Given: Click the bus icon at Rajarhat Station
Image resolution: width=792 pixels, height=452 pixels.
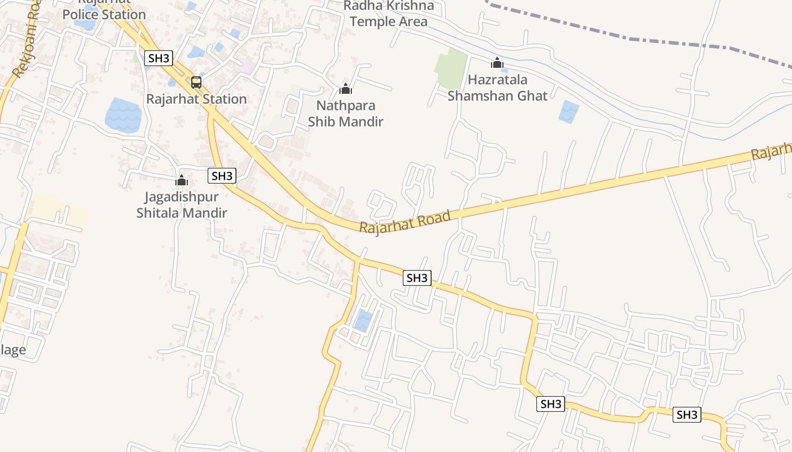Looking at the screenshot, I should [196, 82].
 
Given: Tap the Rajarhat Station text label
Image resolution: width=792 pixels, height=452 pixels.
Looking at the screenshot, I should [196, 99].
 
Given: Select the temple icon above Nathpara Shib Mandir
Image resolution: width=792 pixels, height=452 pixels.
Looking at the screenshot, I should [345, 89].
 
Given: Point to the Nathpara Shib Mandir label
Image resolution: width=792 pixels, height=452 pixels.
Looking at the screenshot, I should [345, 114].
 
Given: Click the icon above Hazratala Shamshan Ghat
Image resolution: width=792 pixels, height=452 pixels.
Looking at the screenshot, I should [497, 63].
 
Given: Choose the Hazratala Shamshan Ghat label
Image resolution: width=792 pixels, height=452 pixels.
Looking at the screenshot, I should [497, 88].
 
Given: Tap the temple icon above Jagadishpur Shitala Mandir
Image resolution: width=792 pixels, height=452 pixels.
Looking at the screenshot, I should [182, 181].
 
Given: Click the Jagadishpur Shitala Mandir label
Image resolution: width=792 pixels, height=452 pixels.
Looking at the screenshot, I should [182, 205].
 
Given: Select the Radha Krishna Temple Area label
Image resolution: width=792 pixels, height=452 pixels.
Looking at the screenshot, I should [389, 14].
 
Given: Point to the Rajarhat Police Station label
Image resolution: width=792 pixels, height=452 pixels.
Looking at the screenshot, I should [104, 11].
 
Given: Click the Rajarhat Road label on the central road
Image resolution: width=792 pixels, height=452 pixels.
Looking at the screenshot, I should [405, 221].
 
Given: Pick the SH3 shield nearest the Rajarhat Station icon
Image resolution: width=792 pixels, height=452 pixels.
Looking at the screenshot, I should [158, 58].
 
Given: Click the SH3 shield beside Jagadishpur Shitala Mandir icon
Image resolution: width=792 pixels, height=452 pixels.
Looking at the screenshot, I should [221, 176].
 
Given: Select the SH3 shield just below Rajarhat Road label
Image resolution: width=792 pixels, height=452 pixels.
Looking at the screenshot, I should [417, 278].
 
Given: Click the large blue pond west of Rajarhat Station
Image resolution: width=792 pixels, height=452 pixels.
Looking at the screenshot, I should [123, 115].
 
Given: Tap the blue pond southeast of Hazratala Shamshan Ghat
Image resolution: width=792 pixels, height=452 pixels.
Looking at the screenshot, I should [569, 111].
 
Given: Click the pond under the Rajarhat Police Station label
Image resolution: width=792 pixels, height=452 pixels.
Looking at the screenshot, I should [85, 25].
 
